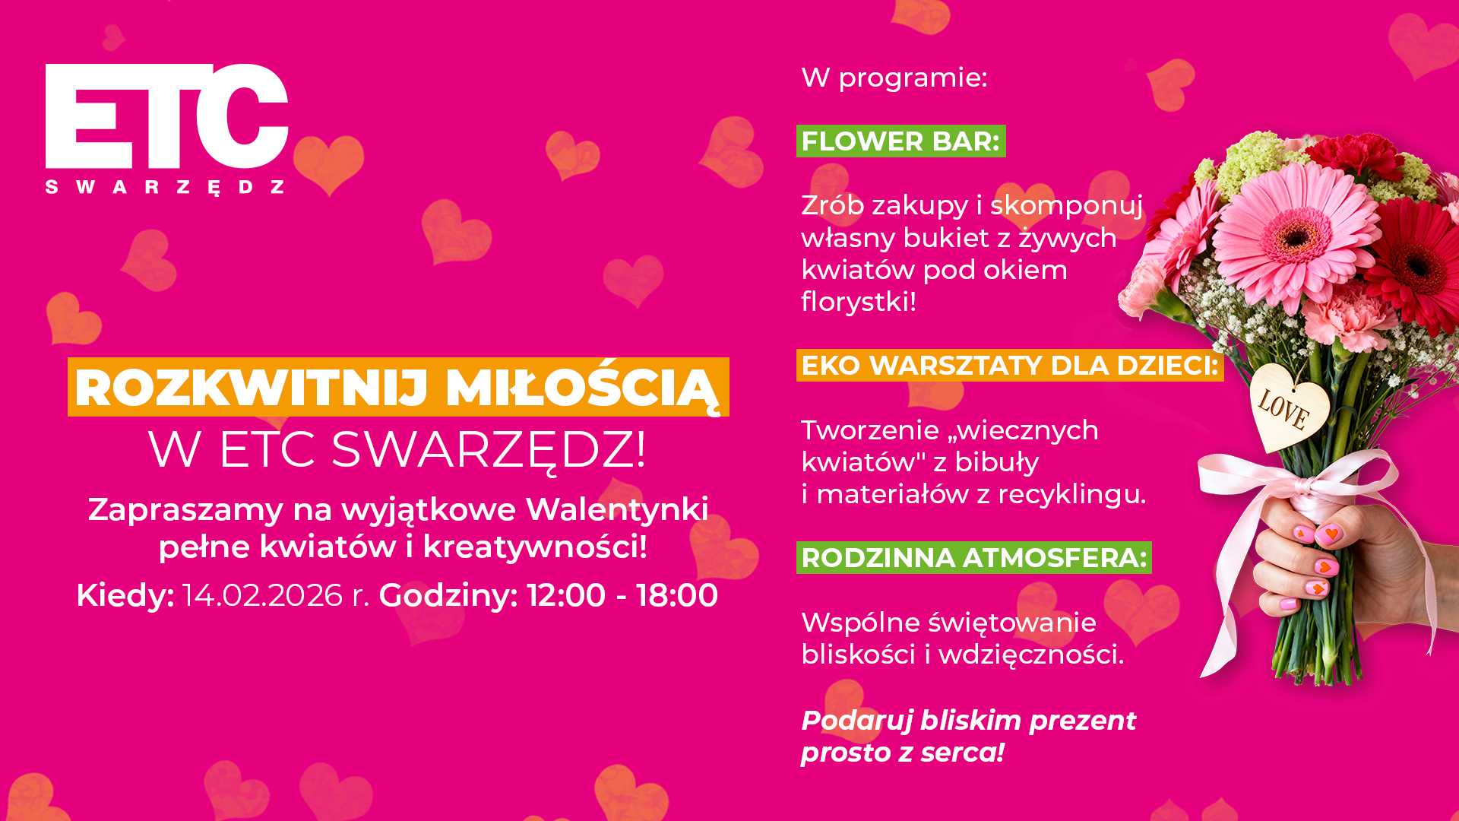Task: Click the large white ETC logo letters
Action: [166, 116]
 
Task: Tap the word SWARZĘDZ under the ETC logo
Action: [165, 187]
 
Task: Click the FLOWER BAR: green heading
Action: [900, 141]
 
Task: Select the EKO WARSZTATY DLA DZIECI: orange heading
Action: [1010, 366]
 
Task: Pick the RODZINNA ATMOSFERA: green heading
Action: [973, 558]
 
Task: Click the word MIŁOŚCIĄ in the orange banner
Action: [582, 389]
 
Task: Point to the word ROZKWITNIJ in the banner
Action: [252, 388]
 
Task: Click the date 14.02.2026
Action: [263, 595]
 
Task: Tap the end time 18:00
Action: [677, 595]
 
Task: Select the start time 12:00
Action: [566, 595]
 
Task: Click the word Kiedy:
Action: [125, 595]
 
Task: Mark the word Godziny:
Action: [448, 595]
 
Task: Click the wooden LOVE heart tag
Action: [1290, 406]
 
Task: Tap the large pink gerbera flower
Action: [1296, 236]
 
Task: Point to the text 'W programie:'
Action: [894, 78]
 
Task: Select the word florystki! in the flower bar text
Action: [859, 302]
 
